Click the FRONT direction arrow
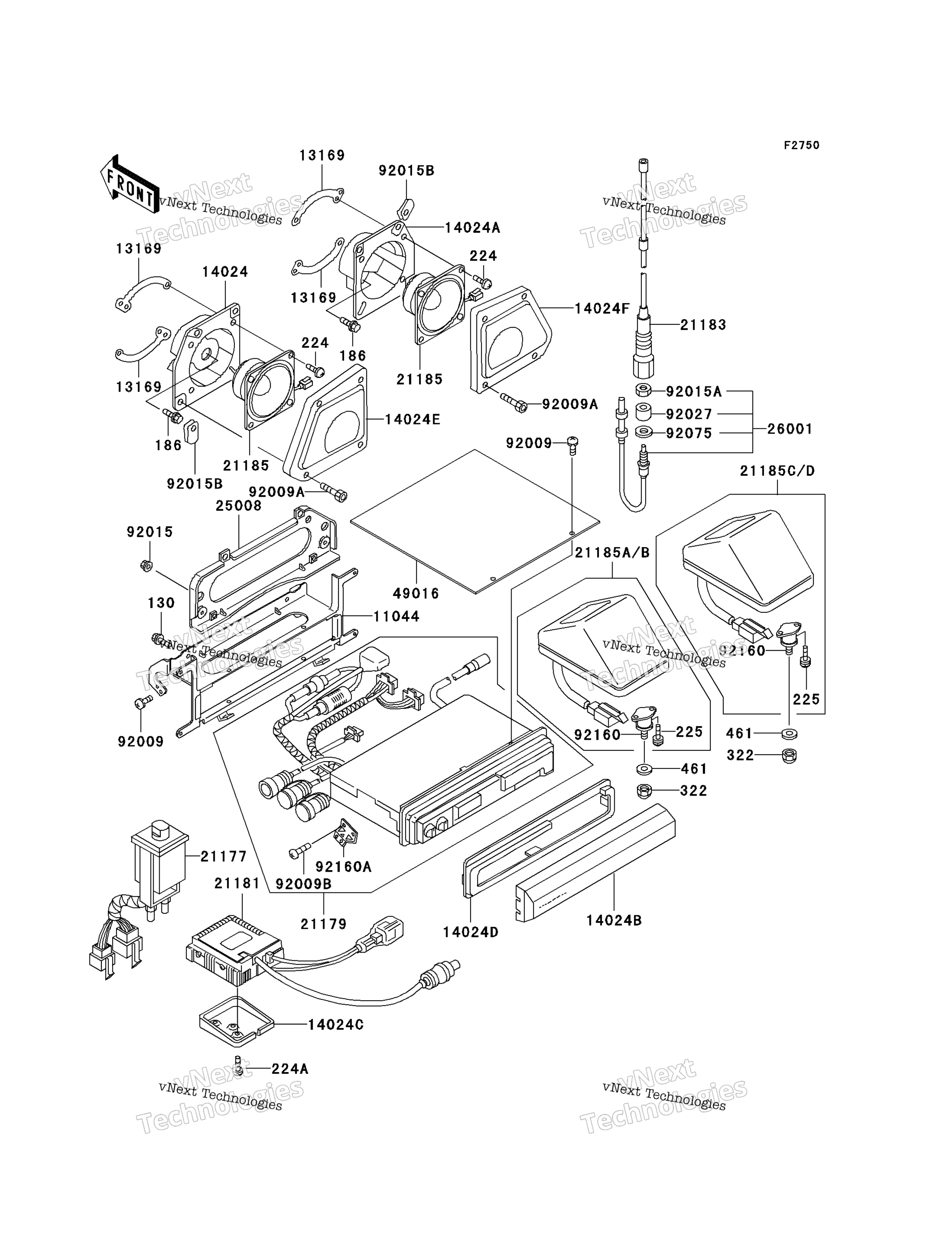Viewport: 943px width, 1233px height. pyautogui.click(x=129, y=184)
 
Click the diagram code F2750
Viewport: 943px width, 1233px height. pyautogui.click(x=801, y=145)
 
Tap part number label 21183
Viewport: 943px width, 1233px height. pyautogui.click(x=703, y=325)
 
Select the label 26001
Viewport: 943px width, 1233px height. pyautogui.click(x=790, y=429)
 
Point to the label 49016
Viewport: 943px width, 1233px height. pyautogui.click(x=416, y=593)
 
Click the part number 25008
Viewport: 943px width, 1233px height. pyautogui.click(x=239, y=506)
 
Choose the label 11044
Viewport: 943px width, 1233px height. pyautogui.click(x=397, y=616)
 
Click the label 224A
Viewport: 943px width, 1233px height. pyautogui.click(x=290, y=1069)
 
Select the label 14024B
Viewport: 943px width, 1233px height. pyautogui.click(x=614, y=920)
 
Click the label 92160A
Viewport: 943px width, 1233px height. pyautogui.click(x=344, y=867)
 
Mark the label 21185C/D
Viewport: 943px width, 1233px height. pyautogui.click(x=777, y=471)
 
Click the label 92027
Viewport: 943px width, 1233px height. pyautogui.click(x=689, y=414)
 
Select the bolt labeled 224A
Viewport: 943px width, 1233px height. pyautogui.click(x=238, y=1066)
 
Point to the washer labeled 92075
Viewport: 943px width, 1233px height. pyautogui.click(x=643, y=433)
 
